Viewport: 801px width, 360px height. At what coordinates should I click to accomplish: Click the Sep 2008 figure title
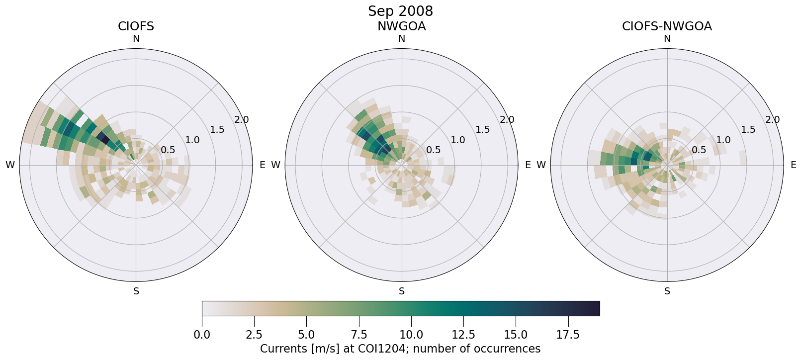click(x=400, y=11)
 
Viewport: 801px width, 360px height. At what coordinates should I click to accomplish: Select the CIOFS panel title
click(x=136, y=26)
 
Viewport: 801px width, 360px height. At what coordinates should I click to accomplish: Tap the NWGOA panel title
click(x=401, y=26)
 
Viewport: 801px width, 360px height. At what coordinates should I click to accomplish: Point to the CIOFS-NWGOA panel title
click(x=667, y=26)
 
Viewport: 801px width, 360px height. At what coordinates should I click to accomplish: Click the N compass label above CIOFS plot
click(x=136, y=39)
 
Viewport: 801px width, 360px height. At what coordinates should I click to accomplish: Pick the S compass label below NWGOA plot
click(x=402, y=291)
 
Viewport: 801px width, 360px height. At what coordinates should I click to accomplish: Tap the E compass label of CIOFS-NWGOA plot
click(x=794, y=165)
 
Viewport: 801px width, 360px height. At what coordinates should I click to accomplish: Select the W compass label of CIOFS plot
click(x=10, y=165)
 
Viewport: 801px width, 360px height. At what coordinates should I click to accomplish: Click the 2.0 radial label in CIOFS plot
click(x=242, y=120)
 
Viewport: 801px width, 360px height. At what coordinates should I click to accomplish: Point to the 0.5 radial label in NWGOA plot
click(x=434, y=150)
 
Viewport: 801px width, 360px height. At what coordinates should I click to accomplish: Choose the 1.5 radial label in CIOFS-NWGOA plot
click(x=748, y=130)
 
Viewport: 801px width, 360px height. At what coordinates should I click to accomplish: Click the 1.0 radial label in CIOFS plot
click(x=192, y=140)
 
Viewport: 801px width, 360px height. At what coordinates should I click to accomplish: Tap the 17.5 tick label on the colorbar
click(x=568, y=335)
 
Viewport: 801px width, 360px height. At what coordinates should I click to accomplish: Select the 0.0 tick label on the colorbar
click(x=202, y=335)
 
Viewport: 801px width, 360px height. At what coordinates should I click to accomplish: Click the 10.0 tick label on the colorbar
click(x=411, y=335)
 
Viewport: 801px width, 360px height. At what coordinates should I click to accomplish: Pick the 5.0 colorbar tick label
click(x=306, y=335)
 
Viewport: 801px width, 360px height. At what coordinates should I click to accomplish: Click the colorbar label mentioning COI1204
click(x=400, y=349)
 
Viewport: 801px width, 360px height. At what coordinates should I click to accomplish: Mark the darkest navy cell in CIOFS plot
click(x=103, y=137)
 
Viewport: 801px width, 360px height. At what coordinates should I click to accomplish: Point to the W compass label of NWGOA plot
click(x=275, y=165)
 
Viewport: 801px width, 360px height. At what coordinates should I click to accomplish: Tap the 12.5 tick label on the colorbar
click(x=463, y=335)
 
